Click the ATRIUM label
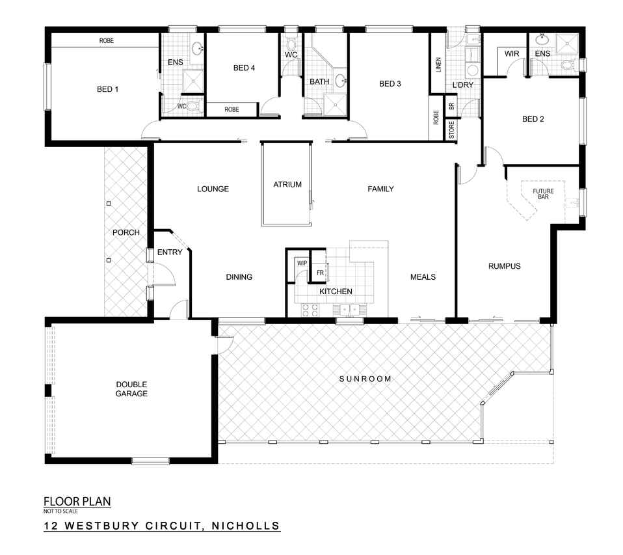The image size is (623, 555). pyautogui.click(x=287, y=185)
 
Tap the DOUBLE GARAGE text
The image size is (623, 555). pyautogui.click(x=131, y=389)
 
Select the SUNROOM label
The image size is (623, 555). pyautogui.click(x=365, y=379)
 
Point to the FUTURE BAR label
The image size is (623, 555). pyautogui.click(x=543, y=194)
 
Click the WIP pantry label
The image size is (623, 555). pyautogui.click(x=302, y=264)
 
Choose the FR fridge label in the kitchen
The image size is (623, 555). pyautogui.click(x=320, y=273)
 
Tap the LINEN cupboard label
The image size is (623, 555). pyautogui.click(x=439, y=65)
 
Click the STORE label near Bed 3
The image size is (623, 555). pyautogui.click(x=452, y=130)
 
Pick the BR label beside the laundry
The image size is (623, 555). pyautogui.click(x=451, y=106)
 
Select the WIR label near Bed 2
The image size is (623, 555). pyautogui.click(x=512, y=53)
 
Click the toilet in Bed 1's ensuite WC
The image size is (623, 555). pyautogui.click(x=193, y=106)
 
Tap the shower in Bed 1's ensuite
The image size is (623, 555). pyautogui.click(x=193, y=81)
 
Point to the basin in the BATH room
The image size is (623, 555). pyautogui.click(x=341, y=81)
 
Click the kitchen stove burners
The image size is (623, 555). pyautogui.click(x=310, y=310)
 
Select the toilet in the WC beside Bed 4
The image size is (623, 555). pyautogui.click(x=291, y=44)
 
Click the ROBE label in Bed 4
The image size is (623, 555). pyautogui.click(x=232, y=109)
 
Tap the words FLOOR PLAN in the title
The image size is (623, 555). pyautogui.click(x=77, y=502)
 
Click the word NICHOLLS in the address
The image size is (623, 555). pyautogui.click(x=246, y=526)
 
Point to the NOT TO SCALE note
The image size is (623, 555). pyautogui.click(x=60, y=511)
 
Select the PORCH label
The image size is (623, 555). pyautogui.click(x=126, y=232)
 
